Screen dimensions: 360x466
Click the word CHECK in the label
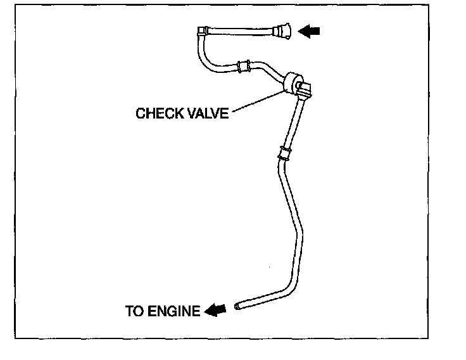pyautogui.click(x=158, y=114)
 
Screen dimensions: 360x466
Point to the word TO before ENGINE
pyautogui.click(x=134, y=311)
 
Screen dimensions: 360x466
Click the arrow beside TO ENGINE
pyautogui.click(x=215, y=310)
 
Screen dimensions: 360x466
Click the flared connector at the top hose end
pyautogui.click(x=282, y=30)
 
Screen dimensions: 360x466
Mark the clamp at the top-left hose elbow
pyautogui.click(x=203, y=30)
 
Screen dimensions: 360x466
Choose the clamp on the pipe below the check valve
pyautogui.click(x=284, y=153)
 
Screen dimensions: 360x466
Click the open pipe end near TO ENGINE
pyautogui.click(x=237, y=306)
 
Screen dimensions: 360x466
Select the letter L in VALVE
pyautogui.click(x=207, y=114)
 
